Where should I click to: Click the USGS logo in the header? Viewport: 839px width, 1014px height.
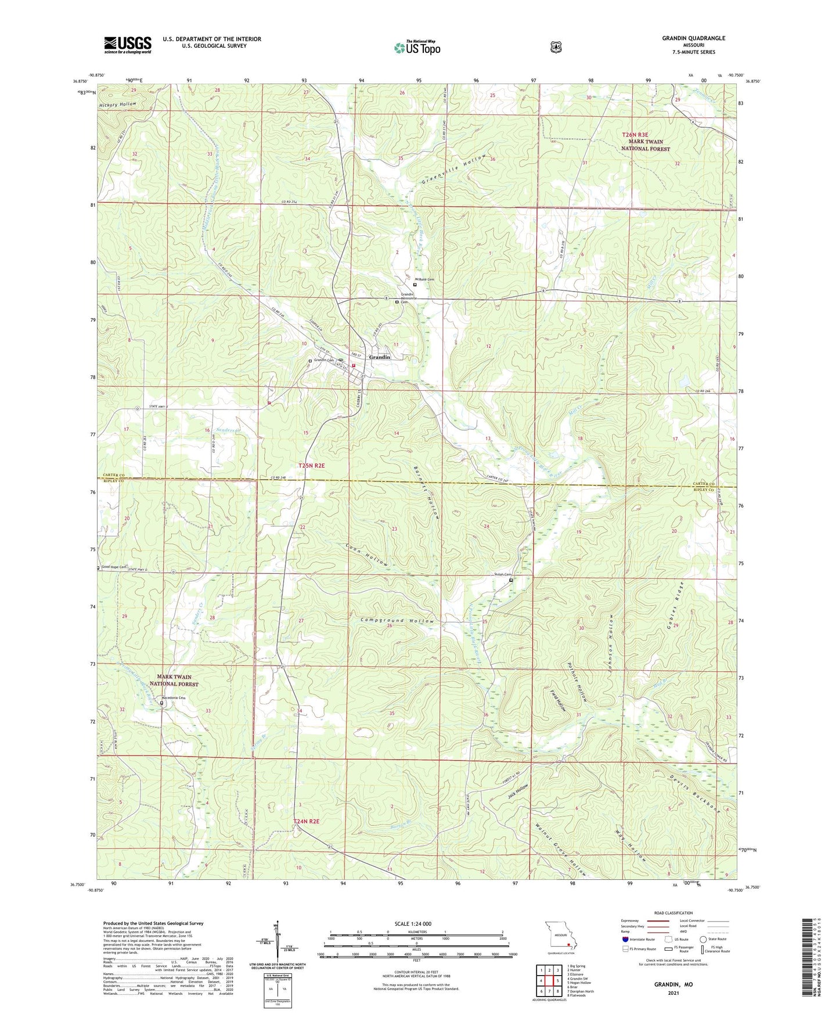[128, 45]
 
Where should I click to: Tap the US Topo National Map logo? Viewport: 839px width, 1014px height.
[416, 48]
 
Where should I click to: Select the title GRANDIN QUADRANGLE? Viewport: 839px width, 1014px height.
[693, 38]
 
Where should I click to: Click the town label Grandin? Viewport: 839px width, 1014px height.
[380, 357]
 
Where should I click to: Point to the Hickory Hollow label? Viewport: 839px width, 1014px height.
[118, 105]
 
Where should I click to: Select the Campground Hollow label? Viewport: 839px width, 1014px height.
[397, 621]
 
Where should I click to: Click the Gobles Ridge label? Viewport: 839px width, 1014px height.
[679, 606]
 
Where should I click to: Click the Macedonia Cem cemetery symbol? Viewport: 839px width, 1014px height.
[162, 703]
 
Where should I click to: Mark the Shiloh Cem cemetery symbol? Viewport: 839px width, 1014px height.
[511, 580]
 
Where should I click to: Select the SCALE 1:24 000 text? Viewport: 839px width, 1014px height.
[413, 923]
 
